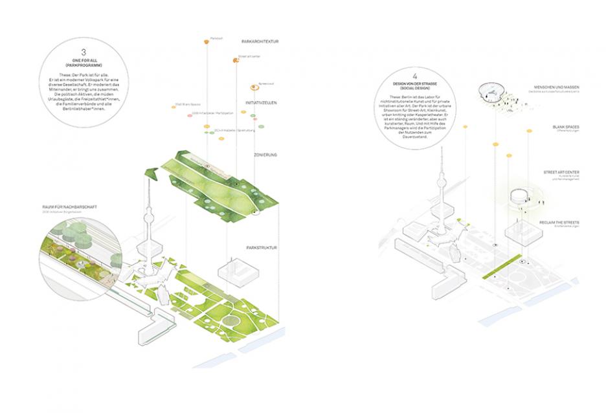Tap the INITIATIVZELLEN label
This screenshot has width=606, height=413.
pyautogui.click(x=262, y=103)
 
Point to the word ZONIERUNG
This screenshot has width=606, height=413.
pyautogui.click(x=265, y=155)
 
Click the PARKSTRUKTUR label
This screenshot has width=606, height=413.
pyautogui.click(x=264, y=248)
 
